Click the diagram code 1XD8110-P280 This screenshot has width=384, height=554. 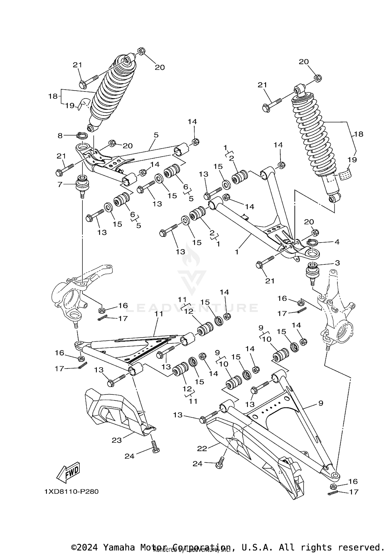click(x=71, y=492)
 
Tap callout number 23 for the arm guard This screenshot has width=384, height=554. click(x=116, y=440)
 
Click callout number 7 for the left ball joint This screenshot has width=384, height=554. click(x=60, y=184)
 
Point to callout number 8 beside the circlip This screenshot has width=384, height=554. click(x=60, y=136)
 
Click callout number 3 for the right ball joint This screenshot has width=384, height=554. click(x=337, y=263)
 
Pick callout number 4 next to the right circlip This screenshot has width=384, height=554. click(x=337, y=242)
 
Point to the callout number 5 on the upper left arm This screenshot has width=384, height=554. click(x=156, y=135)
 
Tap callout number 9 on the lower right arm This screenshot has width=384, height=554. click(x=321, y=403)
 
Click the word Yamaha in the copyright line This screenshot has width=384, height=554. click(x=119, y=546)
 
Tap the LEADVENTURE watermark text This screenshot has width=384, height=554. click(x=192, y=308)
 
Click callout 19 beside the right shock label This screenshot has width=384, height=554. click(x=352, y=160)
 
